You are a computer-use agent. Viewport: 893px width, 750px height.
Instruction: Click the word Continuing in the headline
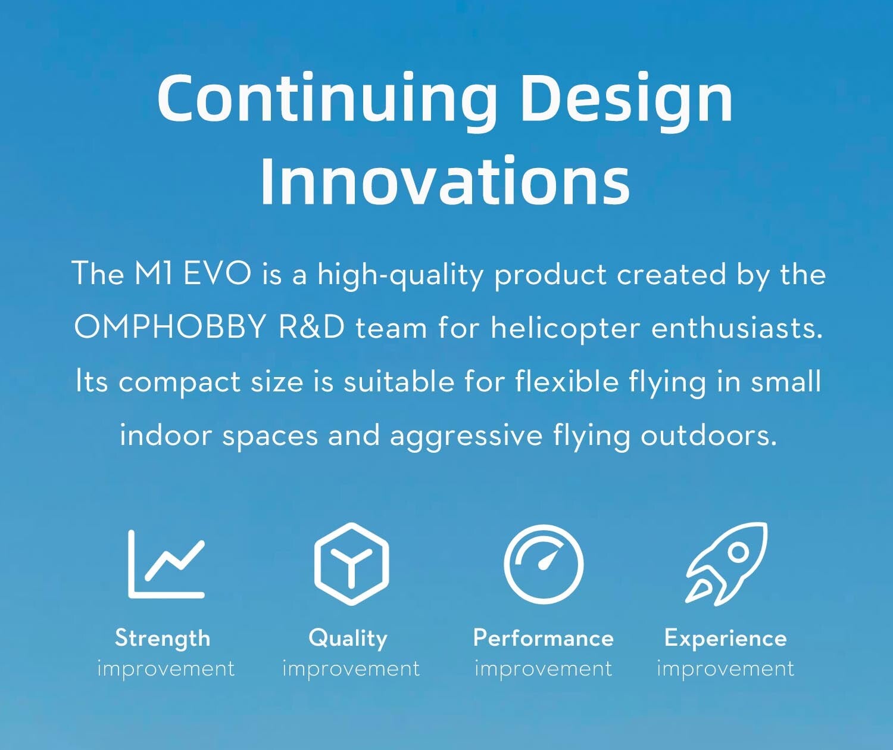(x=327, y=100)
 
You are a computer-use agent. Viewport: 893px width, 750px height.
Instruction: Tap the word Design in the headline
(x=626, y=100)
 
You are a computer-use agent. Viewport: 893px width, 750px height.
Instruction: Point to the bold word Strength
(x=163, y=639)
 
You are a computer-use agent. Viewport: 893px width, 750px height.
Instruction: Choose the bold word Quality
(x=348, y=639)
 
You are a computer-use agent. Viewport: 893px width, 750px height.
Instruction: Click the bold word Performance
(x=543, y=638)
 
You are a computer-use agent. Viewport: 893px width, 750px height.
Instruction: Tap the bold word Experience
(x=725, y=639)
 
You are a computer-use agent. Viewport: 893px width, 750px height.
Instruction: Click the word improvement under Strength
(x=166, y=668)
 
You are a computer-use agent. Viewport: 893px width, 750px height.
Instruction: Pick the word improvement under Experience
(x=725, y=668)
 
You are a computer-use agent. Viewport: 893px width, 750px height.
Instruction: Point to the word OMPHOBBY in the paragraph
(x=170, y=328)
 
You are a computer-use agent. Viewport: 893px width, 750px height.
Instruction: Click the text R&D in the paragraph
(x=311, y=327)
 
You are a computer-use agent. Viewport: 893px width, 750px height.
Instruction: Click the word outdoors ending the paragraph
(x=708, y=434)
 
